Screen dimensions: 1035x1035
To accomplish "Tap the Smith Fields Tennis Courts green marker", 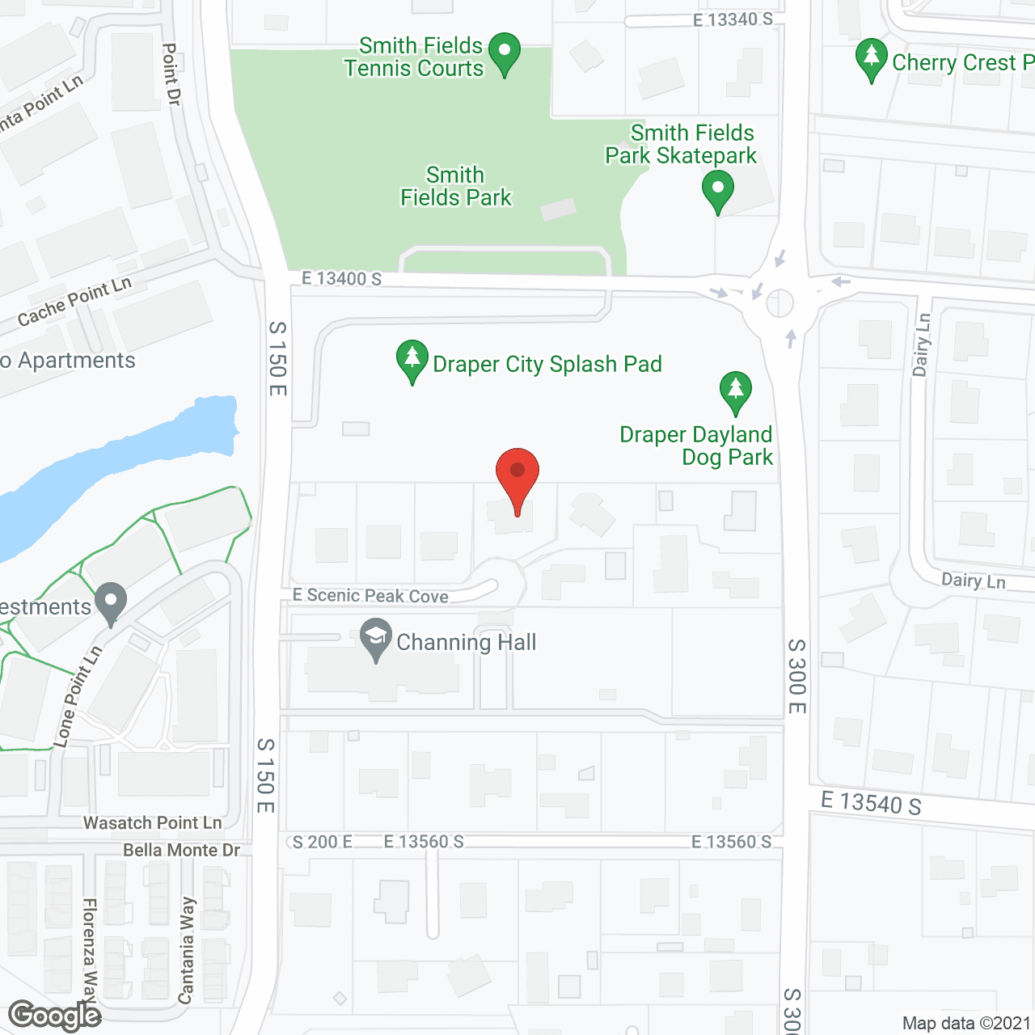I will (x=505, y=53).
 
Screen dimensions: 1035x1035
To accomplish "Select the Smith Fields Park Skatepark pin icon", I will (x=717, y=192).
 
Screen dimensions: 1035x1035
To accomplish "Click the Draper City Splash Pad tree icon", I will (x=412, y=360).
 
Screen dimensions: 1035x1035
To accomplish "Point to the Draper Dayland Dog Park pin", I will (x=735, y=392).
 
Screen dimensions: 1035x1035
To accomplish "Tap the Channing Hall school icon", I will (x=376, y=639).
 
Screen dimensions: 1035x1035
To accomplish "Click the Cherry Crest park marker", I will (x=871, y=59).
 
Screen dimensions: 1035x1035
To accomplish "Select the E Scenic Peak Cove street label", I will (x=370, y=596).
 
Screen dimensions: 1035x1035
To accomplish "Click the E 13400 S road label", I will (x=341, y=279).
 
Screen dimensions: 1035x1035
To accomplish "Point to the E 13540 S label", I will (x=871, y=804).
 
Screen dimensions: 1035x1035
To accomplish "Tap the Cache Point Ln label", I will (x=74, y=302).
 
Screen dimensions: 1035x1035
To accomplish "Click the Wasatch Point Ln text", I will (x=153, y=823).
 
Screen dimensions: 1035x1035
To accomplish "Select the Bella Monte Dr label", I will (x=182, y=851).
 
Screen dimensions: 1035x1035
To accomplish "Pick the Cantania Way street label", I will (x=187, y=950).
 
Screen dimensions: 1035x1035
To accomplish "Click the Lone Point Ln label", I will (x=78, y=696).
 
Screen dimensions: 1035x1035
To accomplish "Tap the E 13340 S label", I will (x=733, y=19).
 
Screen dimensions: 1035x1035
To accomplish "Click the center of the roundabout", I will (x=779, y=303).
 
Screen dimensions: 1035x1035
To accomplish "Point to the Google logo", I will (x=55, y=1016).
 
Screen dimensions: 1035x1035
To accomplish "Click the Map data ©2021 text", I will (x=966, y=1024).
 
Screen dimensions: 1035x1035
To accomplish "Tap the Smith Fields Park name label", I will (x=456, y=187).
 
